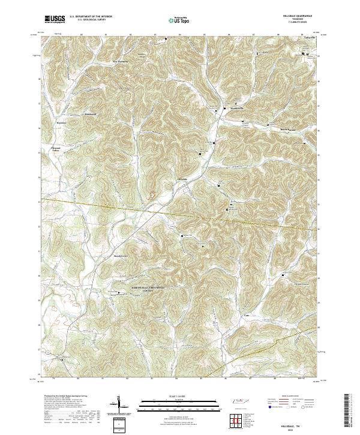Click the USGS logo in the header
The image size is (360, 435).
click(55, 19)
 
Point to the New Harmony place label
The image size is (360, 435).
click(122, 61)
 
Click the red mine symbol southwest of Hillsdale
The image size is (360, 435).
click(151, 194)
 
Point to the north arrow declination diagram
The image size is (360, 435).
click(119, 405)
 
